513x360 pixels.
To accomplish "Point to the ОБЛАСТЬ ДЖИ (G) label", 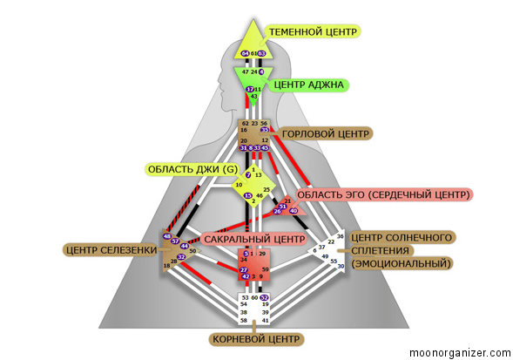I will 192,168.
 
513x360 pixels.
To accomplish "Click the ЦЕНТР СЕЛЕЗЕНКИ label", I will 111,250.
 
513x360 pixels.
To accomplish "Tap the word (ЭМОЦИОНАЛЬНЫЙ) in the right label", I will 402,263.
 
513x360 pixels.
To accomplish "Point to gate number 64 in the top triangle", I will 246,54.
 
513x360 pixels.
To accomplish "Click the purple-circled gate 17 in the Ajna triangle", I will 250,89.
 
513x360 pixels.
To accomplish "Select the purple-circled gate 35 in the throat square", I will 264,130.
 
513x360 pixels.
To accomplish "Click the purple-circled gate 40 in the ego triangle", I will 294,211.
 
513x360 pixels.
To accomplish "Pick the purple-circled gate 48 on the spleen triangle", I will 166,236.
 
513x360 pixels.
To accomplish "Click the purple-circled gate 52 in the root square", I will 264,297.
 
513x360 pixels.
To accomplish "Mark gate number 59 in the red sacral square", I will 265,271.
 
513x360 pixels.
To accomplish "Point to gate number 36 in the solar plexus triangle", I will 341,236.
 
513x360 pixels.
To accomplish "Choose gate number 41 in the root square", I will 264,321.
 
